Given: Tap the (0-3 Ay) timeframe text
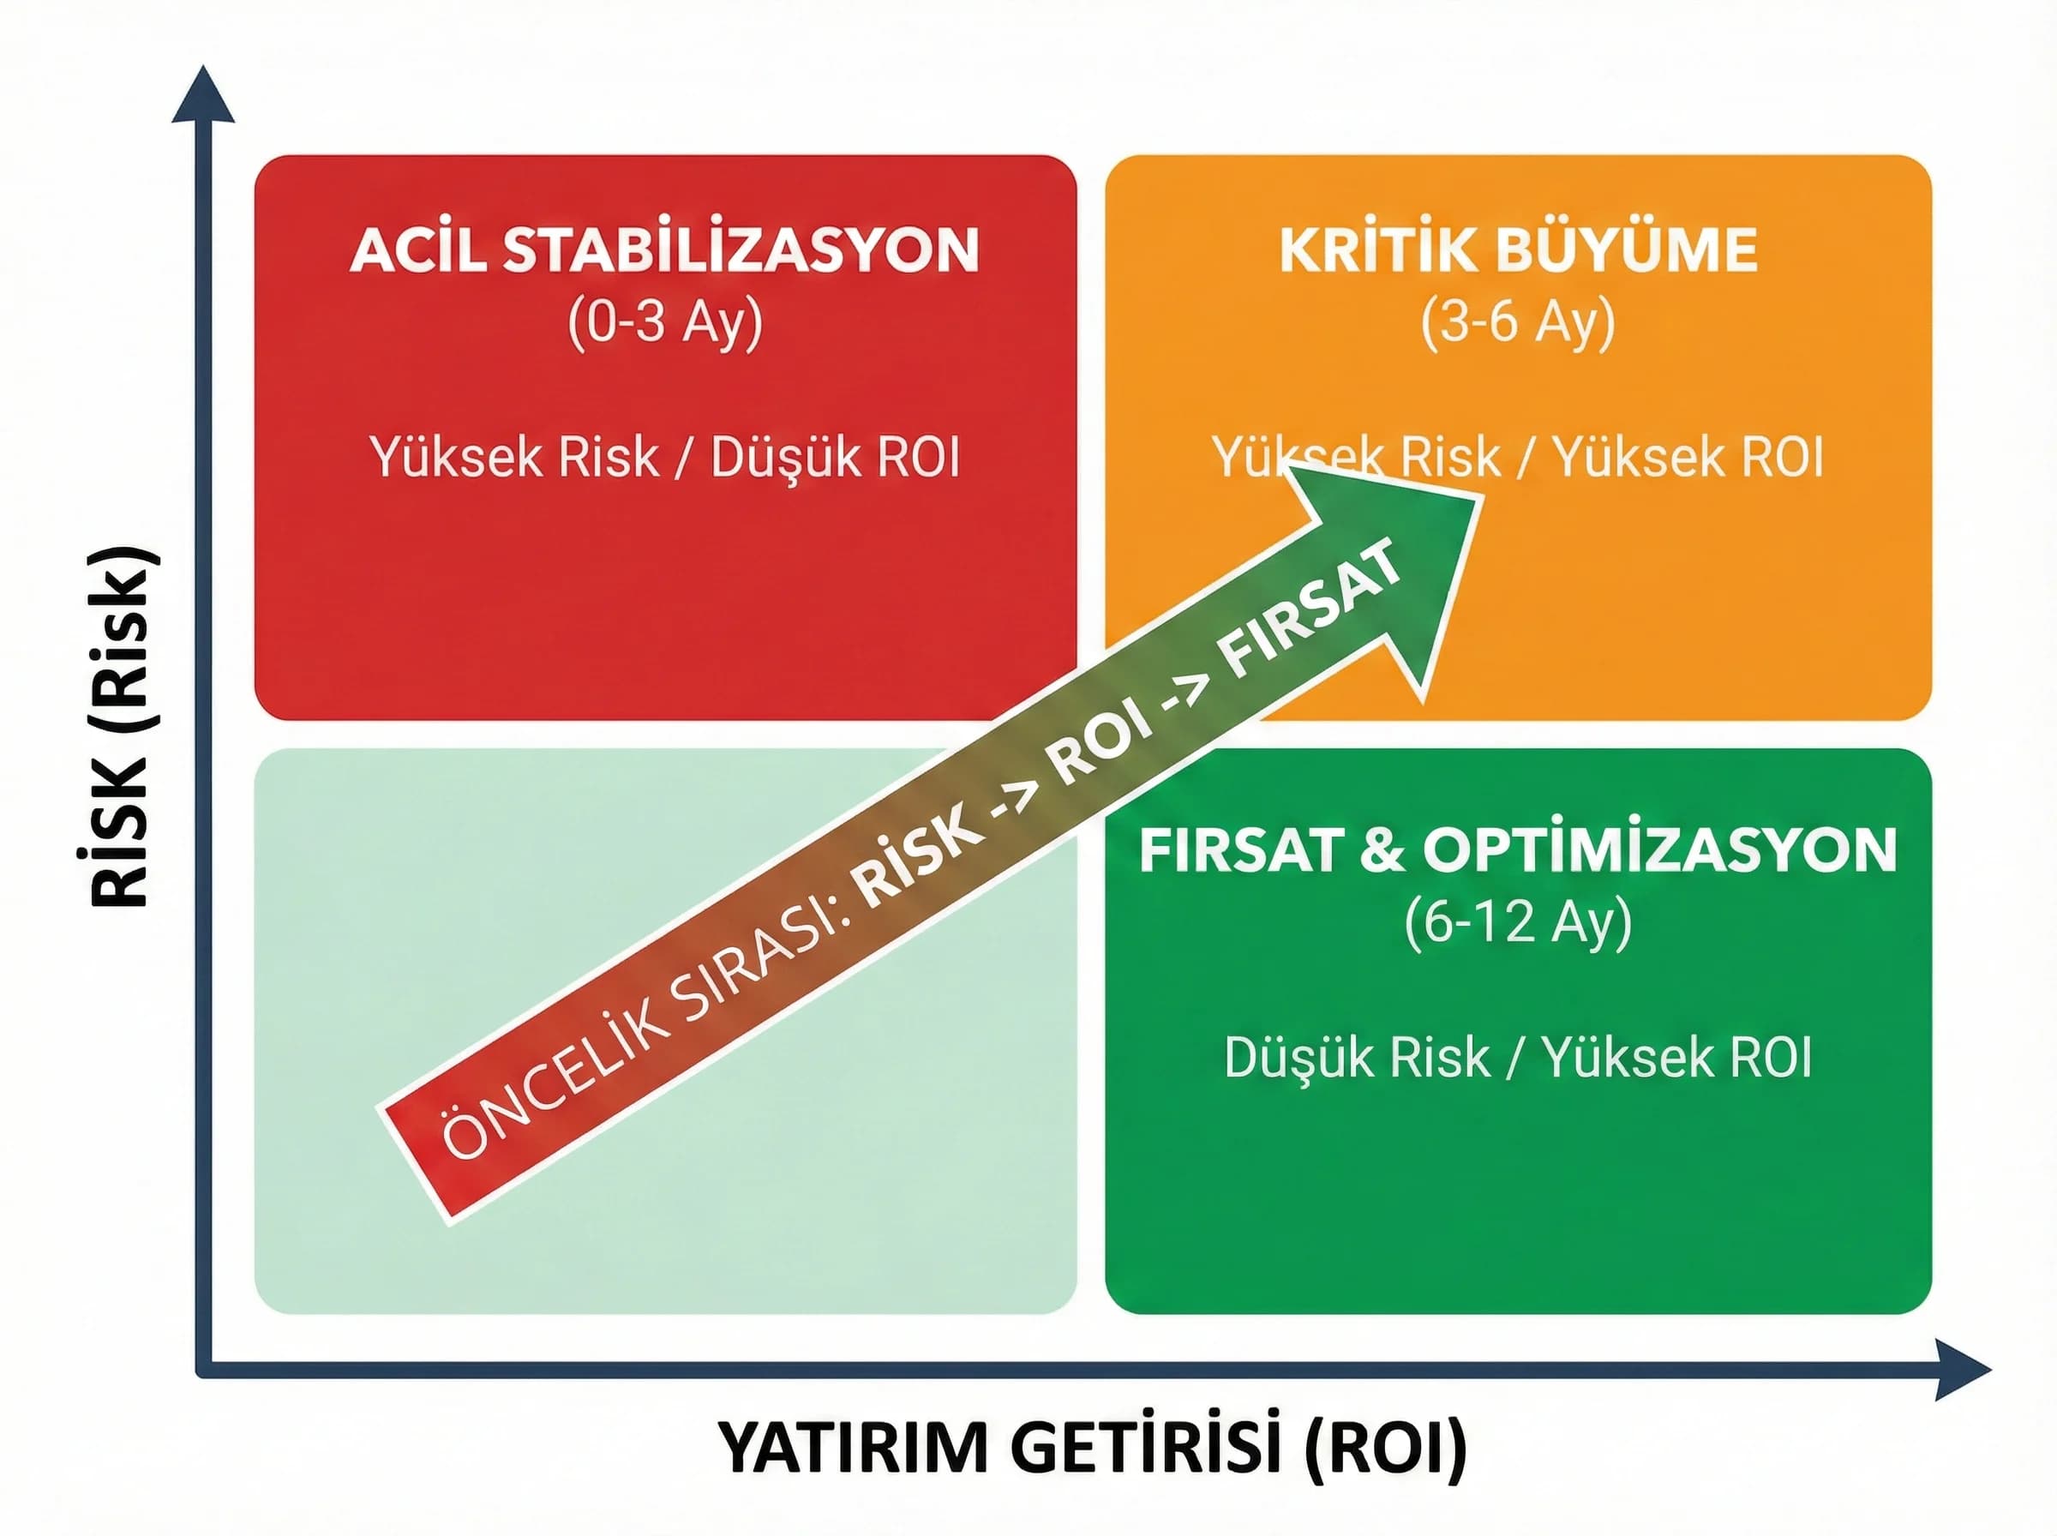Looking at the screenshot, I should tap(664, 322).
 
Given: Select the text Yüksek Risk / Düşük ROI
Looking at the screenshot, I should tap(664, 458).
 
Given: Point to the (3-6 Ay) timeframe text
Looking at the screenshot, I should tap(1518, 322).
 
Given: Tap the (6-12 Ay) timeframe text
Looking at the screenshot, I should tap(1518, 922).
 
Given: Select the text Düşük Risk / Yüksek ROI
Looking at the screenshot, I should tap(1518, 1058).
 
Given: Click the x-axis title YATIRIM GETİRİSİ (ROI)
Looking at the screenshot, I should tap(1092, 1449).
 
